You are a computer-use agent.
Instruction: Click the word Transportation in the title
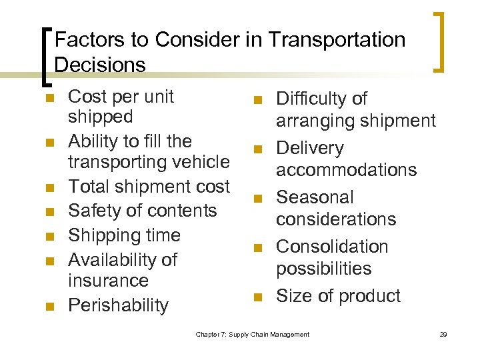pos(337,40)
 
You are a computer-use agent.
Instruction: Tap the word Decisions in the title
pos(100,65)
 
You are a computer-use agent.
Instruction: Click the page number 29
pos(443,334)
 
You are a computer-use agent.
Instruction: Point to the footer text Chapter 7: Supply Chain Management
pos(253,334)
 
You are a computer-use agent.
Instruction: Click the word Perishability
pos(119,305)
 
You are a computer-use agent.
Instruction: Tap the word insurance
pos(108,281)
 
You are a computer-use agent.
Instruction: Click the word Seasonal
pos(315,197)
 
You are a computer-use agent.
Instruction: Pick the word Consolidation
pos(332,247)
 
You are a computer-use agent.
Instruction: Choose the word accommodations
pos(346,170)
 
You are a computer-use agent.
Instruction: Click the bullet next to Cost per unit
pos(47,98)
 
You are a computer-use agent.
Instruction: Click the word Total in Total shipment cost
pos(90,186)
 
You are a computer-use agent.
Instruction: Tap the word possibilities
pos(323,269)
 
